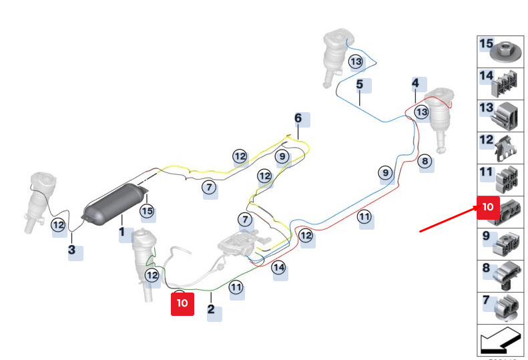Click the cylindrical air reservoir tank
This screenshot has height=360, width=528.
[x=113, y=203]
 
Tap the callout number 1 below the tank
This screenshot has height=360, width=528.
[x=122, y=233]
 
